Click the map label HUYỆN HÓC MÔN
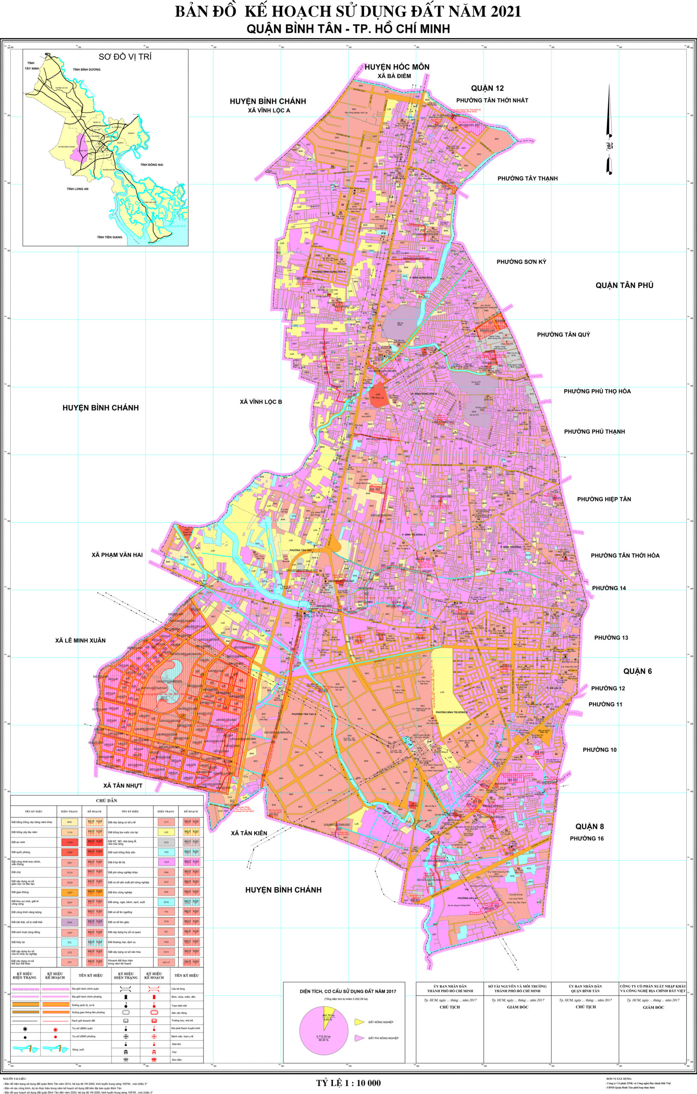(396, 67)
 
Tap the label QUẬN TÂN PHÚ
(624, 285)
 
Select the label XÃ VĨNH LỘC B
(261, 402)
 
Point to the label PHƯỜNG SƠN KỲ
(521, 262)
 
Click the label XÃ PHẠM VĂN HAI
(117, 555)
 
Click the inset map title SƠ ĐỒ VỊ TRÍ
(125, 57)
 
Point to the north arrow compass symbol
(609, 132)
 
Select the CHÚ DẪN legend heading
(107, 800)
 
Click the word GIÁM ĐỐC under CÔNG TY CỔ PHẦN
(653, 1007)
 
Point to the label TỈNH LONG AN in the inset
(77, 188)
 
